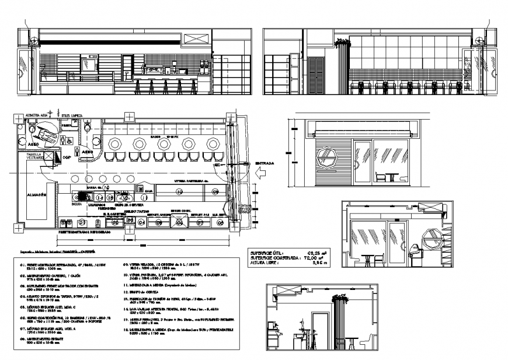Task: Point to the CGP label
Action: click(x=66, y=156)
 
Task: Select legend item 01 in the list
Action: click(x=58, y=264)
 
